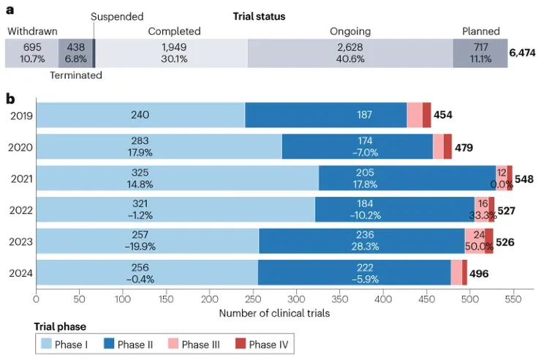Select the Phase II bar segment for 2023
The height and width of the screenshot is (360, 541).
click(362, 241)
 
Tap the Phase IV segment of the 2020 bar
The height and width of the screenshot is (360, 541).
click(447, 146)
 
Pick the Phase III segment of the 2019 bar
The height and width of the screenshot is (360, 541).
click(415, 115)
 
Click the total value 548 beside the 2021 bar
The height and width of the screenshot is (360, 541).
click(525, 179)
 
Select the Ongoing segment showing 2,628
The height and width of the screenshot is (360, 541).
click(350, 53)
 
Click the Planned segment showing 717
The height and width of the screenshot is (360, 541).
click(480, 53)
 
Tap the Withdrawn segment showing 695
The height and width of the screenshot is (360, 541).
click(31, 53)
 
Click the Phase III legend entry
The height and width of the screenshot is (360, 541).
click(200, 345)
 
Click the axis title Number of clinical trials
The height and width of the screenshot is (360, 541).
click(274, 313)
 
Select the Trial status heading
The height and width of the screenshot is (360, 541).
click(260, 16)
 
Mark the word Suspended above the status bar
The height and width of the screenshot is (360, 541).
click(117, 16)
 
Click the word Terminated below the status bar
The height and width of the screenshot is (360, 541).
click(75, 75)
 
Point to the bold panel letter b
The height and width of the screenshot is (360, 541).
click(10, 97)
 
